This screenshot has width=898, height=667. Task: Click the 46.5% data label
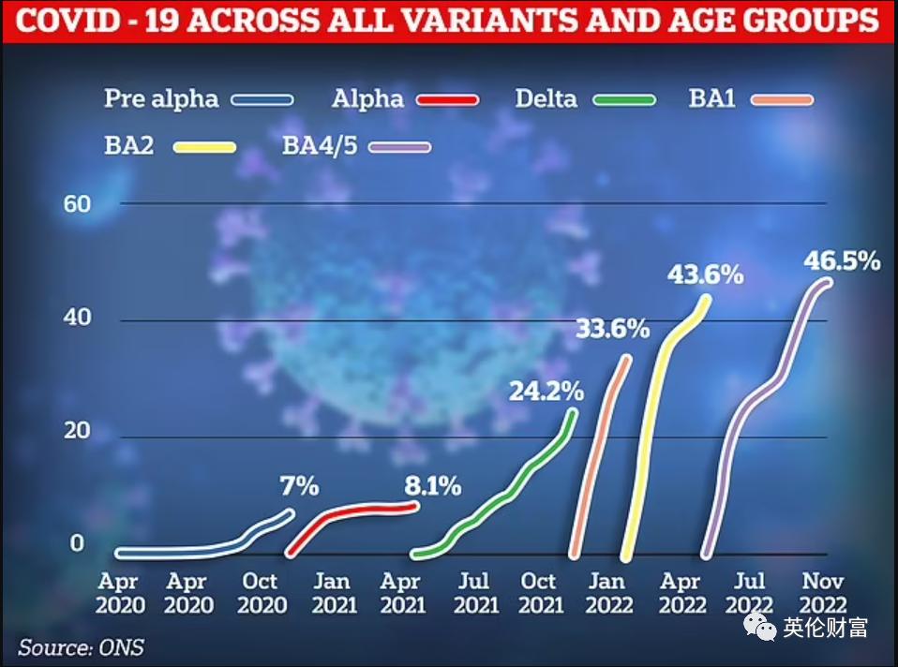842,261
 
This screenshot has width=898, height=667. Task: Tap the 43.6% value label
705,275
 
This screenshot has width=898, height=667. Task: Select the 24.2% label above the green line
546,390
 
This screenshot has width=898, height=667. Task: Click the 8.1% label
432,486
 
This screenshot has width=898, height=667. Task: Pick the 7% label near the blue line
300,486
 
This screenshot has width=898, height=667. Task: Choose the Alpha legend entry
367,98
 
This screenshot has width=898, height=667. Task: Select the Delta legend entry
546,98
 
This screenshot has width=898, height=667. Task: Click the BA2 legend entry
130,145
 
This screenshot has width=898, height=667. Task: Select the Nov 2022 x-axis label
823,593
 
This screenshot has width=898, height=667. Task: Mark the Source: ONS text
82,647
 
